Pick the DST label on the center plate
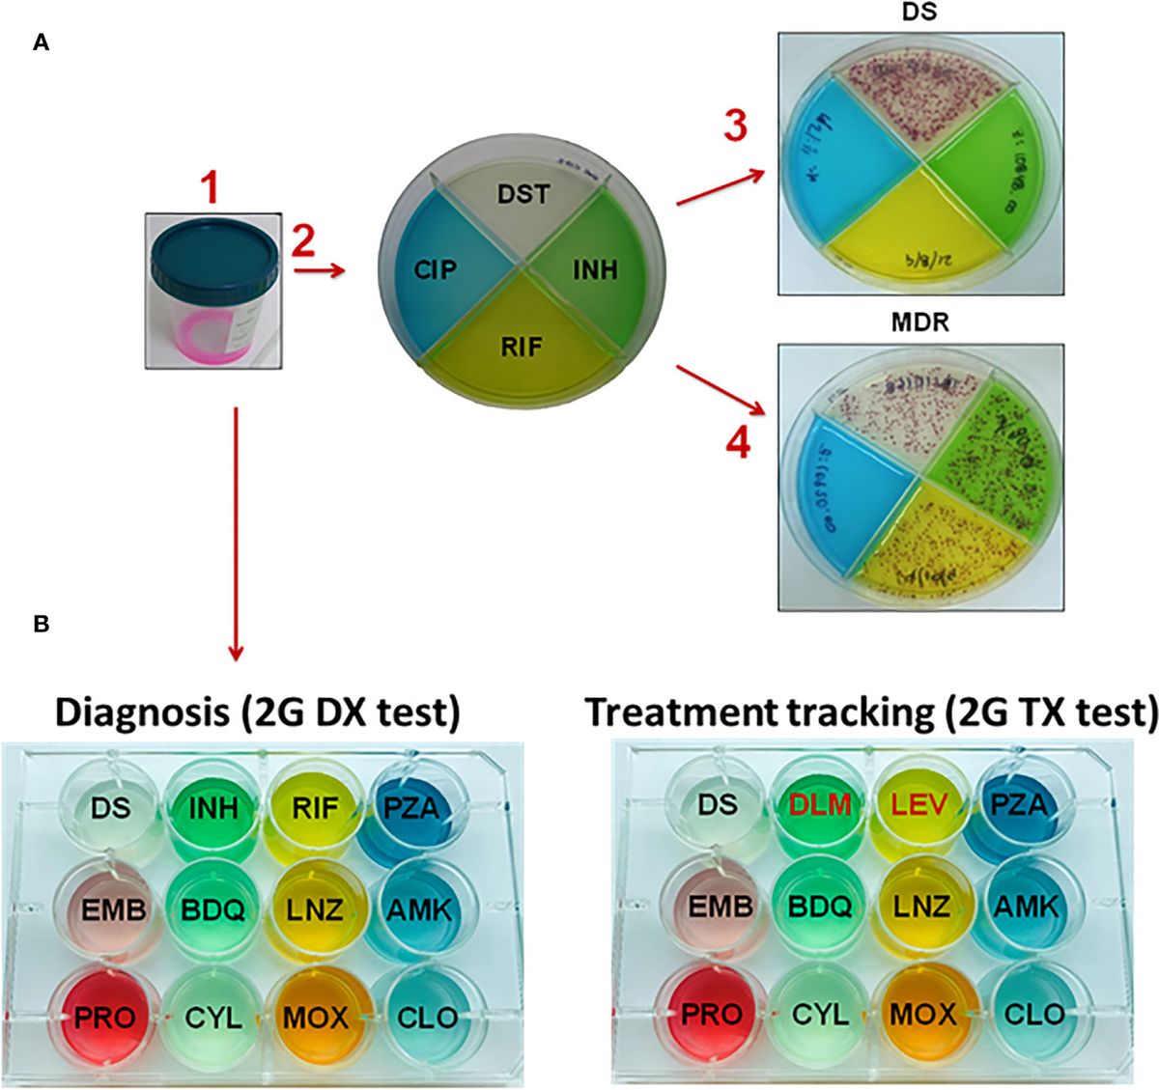523,194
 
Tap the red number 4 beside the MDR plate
739,444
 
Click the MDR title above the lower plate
919,322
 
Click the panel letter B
41,625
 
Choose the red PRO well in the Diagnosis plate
105,1016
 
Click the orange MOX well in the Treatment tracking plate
922,1014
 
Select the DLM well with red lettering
819,804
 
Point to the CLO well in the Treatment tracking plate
1033,1014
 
